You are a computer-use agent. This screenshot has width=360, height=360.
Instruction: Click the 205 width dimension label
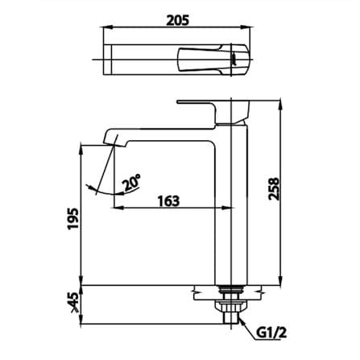click(177, 20)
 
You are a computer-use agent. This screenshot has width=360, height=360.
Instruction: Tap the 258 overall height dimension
click(275, 188)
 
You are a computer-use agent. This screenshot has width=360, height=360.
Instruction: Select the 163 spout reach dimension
click(168, 201)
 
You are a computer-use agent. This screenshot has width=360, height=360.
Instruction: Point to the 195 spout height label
click(73, 218)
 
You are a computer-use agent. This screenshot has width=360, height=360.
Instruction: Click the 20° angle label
click(131, 182)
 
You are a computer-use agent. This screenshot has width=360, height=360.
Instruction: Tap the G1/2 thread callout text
click(271, 333)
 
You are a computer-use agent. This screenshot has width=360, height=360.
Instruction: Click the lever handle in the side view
click(213, 112)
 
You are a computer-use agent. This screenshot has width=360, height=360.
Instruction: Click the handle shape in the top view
click(213, 60)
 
